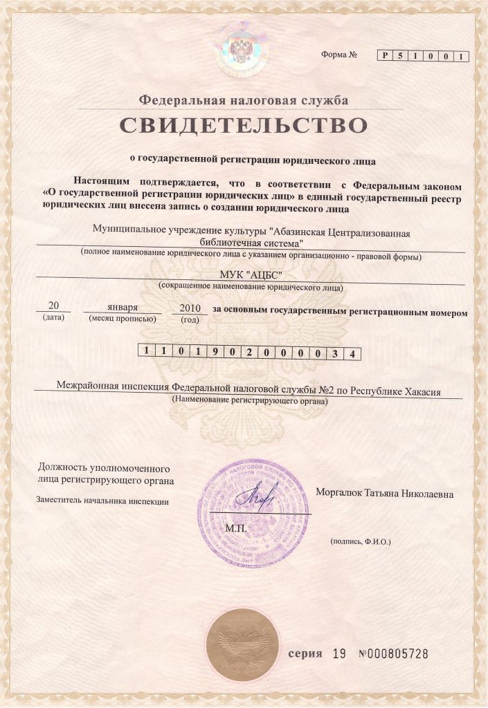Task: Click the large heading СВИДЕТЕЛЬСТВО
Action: click(x=243, y=127)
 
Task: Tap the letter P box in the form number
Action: click(x=385, y=56)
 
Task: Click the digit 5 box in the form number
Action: click(x=401, y=56)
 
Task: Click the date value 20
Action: click(x=53, y=306)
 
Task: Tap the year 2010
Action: click(x=189, y=308)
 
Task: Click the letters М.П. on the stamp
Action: click(x=236, y=529)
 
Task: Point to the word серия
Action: click(x=305, y=654)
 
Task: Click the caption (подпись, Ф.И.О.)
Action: click(x=360, y=541)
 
